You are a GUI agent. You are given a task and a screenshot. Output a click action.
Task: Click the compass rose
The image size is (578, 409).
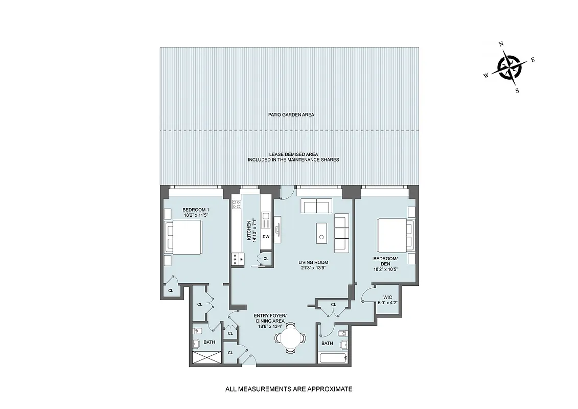509,67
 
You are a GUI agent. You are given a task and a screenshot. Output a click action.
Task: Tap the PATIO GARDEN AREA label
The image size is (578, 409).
291,115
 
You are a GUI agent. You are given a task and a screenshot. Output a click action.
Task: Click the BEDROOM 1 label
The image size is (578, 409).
196,210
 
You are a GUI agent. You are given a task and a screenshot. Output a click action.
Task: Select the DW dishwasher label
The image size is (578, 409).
266,237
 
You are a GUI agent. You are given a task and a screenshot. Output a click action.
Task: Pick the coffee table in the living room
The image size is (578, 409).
320,231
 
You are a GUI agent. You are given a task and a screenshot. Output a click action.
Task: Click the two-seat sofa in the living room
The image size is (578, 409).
316,207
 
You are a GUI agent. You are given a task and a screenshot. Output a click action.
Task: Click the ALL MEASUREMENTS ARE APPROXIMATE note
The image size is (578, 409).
289,389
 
